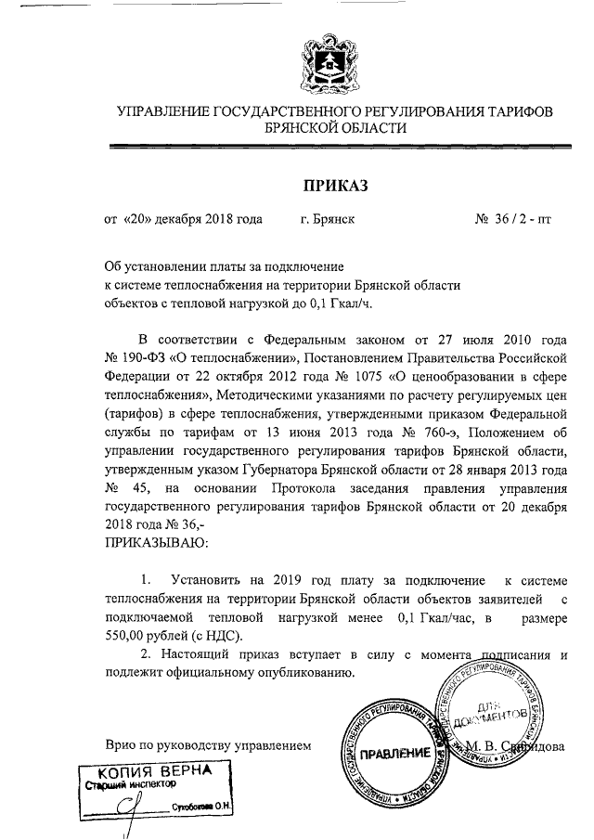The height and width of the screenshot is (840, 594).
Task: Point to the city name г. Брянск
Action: tap(327, 221)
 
